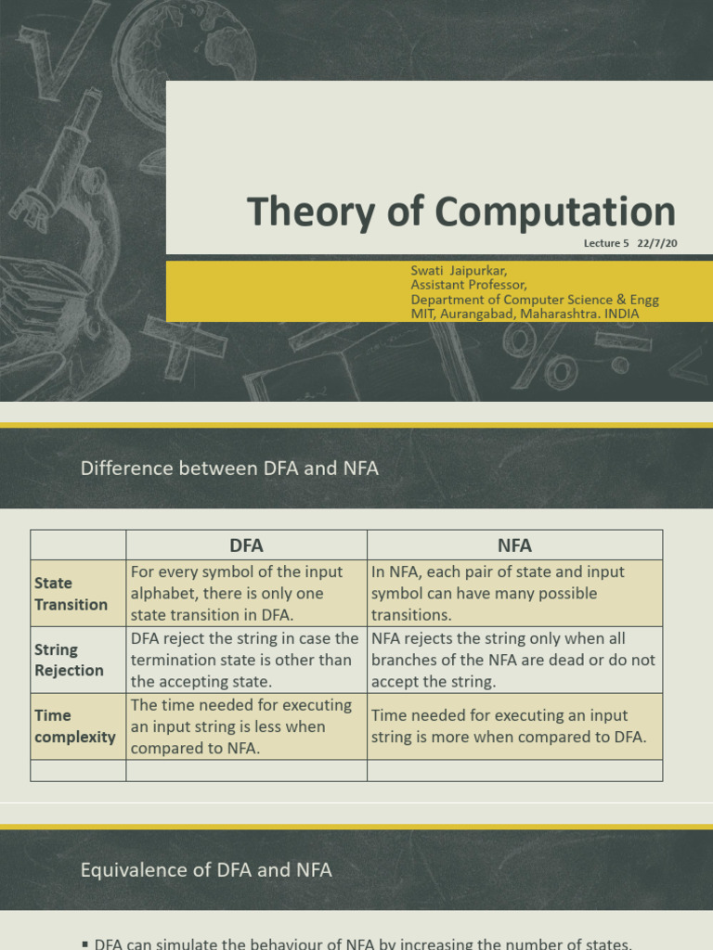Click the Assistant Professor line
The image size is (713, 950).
(469, 285)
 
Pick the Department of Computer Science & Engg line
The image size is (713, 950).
(535, 300)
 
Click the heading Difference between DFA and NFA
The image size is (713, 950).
(229, 469)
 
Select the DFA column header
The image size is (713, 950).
(246, 546)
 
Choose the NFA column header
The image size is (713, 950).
(514, 546)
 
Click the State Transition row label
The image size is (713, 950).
(71, 594)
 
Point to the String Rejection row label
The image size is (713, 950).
(69, 660)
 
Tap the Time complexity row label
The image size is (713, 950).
(74, 726)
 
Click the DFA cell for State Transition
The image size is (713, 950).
(246, 594)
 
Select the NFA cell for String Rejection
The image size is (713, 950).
(513, 660)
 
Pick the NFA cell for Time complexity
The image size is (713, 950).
(508, 726)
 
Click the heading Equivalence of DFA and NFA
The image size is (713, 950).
(206, 870)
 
